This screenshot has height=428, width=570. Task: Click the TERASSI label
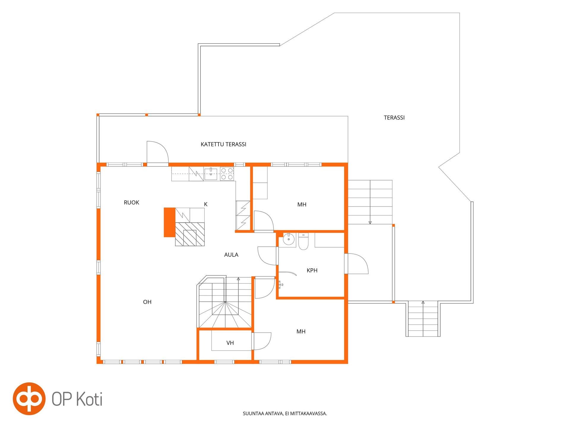point(394,118)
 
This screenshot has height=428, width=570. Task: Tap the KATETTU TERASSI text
point(224,144)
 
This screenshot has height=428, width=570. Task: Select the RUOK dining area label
point(132,203)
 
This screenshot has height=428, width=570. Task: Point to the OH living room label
point(147,302)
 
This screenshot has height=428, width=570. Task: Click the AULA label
point(231,255)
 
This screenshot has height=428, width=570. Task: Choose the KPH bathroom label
point(312,270)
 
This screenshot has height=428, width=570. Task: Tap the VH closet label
point(230,343)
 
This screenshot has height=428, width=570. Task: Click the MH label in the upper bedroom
point(302,204)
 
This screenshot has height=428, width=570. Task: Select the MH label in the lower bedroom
point(301,331)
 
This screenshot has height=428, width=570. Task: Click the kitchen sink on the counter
point(211,174)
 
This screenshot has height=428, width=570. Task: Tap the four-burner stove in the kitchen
point(227,174)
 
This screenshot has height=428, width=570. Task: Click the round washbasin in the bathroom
point(288,239)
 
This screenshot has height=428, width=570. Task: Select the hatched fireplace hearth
point(190,234)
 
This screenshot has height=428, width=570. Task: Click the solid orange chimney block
point(170,222)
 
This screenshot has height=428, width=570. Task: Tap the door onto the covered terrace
point(158,152)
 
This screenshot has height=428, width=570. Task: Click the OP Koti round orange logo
point(29,399)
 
